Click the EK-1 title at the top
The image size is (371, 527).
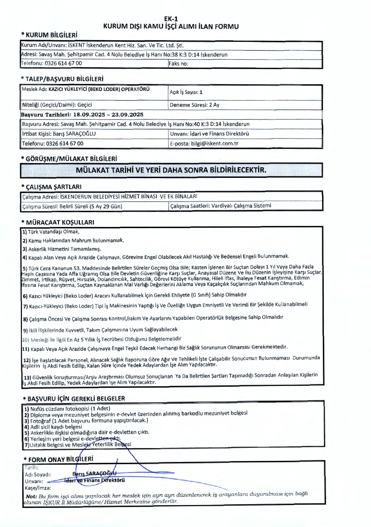(171, 19)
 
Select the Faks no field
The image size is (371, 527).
(179, 64)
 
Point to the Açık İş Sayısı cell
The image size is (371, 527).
(186, 92)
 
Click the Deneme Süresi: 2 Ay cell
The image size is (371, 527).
(194, 105)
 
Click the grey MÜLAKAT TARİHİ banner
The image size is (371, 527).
(171, 170)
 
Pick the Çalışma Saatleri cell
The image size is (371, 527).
(221, 206)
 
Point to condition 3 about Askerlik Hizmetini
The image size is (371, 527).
(62, 249)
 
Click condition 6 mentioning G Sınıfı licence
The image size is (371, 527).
(135, 295)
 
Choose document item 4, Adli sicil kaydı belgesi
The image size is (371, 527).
(53, 427)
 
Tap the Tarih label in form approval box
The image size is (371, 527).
(31, 467)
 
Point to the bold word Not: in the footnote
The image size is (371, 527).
(31, 496)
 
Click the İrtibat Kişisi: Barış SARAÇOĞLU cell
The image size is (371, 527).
(59, 134)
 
